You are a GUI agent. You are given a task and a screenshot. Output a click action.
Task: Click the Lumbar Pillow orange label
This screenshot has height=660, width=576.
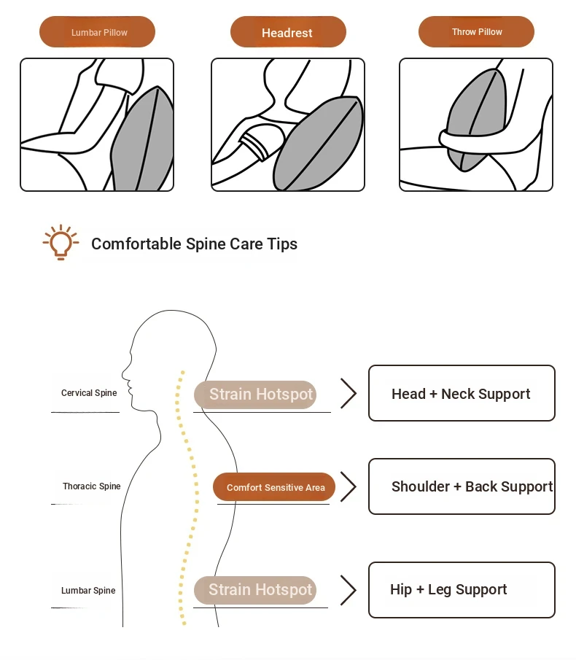[97, 33]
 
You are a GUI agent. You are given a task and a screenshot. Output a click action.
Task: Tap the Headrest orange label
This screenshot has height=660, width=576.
[287, 33]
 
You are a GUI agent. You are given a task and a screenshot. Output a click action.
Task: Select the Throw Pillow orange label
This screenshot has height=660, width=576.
[476, 32]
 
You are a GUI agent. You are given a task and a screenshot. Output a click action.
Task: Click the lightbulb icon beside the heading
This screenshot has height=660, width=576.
[61, 242]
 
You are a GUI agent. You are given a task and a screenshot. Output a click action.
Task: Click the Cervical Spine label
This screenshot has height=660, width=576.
[89, 393]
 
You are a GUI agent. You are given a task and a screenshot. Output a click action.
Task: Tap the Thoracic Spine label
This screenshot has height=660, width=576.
[91, 486]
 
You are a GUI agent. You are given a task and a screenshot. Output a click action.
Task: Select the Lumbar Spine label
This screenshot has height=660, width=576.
[88, 591]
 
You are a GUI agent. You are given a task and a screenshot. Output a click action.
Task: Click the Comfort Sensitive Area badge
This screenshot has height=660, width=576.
[275, 487]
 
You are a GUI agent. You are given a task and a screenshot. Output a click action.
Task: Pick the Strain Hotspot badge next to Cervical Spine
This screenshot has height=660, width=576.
[255, 395]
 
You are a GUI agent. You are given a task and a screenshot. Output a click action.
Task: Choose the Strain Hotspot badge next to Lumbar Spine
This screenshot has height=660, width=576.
[255, 590]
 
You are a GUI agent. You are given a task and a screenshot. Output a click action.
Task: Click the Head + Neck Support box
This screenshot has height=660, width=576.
[461, 394]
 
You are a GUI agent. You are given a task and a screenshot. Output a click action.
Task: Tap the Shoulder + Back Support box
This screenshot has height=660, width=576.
[461, 486]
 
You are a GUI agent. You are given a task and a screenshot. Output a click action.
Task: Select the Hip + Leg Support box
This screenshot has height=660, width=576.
[461, 590]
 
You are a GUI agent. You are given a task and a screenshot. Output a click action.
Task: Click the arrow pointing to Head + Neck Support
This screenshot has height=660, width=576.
[349, 394]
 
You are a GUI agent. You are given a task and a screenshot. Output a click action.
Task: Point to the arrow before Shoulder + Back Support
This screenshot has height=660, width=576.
[349, 487]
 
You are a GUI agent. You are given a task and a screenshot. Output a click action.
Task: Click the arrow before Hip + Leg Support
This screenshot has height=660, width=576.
[349, 590]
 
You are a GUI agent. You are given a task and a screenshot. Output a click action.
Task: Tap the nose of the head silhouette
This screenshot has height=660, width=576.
[125, 380]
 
